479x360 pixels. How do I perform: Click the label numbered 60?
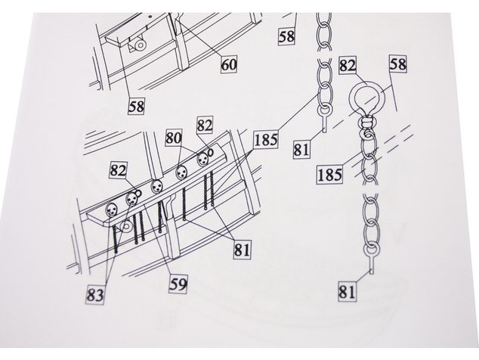coord(229,64)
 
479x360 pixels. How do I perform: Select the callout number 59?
coord(178,284)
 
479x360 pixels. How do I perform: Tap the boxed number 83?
coord(95,295)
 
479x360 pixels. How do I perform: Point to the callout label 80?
coord(173,138)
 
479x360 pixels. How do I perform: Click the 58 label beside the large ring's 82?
coord(397,64)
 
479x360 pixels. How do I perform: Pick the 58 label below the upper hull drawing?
coord(136,106)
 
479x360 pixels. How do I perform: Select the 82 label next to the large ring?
coord(348,66)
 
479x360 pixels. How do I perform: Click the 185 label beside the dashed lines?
coord(329,175)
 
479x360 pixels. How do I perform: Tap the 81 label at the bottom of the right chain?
coord(348,291)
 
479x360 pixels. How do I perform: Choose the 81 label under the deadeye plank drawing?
coord(243,250)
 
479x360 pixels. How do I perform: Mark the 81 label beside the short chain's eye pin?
coord(301,150)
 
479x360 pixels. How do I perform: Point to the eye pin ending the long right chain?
coord(371,258)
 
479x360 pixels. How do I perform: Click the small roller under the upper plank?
coord(141,45)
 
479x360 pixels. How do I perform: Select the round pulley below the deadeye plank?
coord(126,227)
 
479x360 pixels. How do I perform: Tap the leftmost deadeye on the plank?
coord(111,210)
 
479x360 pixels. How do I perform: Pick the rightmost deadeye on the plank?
coord(202,159)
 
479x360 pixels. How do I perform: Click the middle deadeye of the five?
coord(156,186)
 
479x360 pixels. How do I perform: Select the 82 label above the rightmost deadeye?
coord(205,125)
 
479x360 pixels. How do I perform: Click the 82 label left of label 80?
coord(118,170)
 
